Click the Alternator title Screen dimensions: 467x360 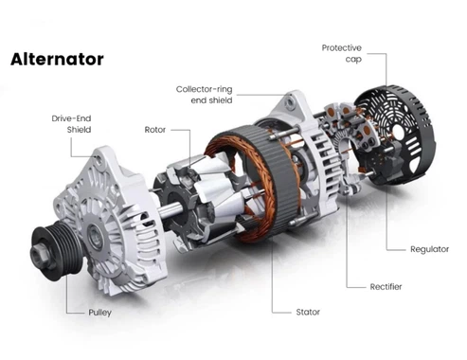click(x=57, y=59)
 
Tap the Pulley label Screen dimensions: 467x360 click(x=100, y=313)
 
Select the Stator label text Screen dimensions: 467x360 click(x=308, y=312)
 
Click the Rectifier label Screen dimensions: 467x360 click(x=386, y=287)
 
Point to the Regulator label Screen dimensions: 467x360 click(x=429, y=249)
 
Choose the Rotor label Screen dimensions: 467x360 click(x=155, y=130)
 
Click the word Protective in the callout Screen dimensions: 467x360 click(x=342, y=48)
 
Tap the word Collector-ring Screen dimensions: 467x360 click(x=204, y=89)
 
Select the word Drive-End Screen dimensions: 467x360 click(x=71, y=118)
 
